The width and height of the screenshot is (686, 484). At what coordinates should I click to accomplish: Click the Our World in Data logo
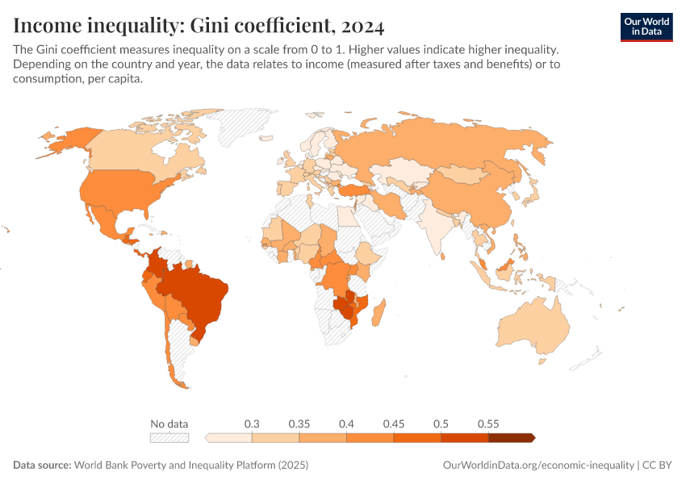coord(646,27)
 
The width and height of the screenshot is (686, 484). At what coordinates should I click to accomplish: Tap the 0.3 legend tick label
coord(252,423)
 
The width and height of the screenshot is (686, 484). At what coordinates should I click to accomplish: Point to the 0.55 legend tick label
coord(488,423)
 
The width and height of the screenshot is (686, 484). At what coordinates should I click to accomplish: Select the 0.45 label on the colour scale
coord(394,423)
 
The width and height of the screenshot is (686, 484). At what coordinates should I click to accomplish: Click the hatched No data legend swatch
coord(169,438)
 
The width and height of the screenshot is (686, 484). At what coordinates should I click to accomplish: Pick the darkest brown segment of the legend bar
coord(511,438)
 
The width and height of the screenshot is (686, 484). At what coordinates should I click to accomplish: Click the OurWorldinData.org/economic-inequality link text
coord(539,465)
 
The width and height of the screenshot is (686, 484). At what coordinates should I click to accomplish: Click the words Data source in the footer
coord(42,465)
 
